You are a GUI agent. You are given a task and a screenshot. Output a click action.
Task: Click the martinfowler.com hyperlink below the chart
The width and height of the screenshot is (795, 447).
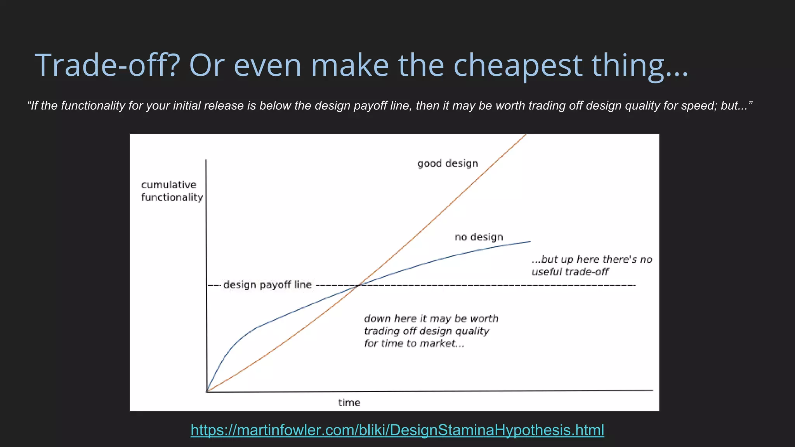coord(397,430)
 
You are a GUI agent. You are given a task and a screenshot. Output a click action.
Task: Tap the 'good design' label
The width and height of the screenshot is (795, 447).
coord(448,163)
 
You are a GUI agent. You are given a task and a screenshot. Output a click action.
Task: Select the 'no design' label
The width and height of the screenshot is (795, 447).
coord(479,237)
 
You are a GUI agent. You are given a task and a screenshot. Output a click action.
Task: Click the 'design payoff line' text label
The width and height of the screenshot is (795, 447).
coord(267,285)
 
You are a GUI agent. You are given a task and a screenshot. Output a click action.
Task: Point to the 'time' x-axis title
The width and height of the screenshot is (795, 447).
coord(349,403)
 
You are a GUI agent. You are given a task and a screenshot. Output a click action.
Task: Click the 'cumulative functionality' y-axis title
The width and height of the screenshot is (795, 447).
coord(172,191)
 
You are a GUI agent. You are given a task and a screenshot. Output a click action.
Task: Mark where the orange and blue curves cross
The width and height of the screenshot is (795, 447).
coord(359,285)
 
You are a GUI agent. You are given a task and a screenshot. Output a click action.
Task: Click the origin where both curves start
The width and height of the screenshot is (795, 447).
coord(207,392)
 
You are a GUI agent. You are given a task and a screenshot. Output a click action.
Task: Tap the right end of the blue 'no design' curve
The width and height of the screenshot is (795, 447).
coord(530,242)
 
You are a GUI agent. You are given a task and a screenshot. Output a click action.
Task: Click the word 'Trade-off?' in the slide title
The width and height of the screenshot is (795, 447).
coord(107,65)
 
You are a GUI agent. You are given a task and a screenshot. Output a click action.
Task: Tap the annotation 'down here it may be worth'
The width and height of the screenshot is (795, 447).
coord(431,319)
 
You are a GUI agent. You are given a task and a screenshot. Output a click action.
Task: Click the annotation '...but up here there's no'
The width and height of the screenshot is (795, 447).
coord(592,259)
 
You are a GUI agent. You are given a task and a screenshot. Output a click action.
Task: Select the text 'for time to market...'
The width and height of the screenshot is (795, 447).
coord(414,343)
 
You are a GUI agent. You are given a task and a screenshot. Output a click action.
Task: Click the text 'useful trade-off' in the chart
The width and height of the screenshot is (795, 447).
coord(570,272)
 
